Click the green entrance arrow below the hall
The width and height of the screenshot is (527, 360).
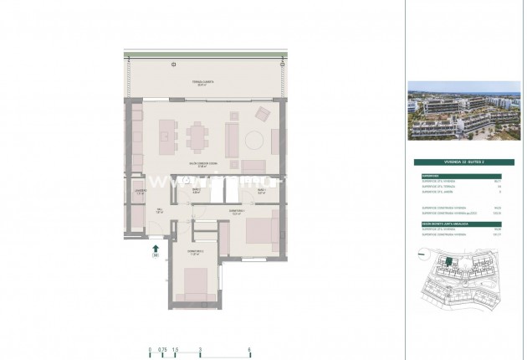tap(155, 247)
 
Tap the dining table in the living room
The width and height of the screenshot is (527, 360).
tap(198, 134)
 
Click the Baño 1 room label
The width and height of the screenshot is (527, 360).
tap(260, 191)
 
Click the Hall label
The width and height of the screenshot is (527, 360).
tap(159, 210)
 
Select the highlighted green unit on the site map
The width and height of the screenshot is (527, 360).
tap(448, 265)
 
